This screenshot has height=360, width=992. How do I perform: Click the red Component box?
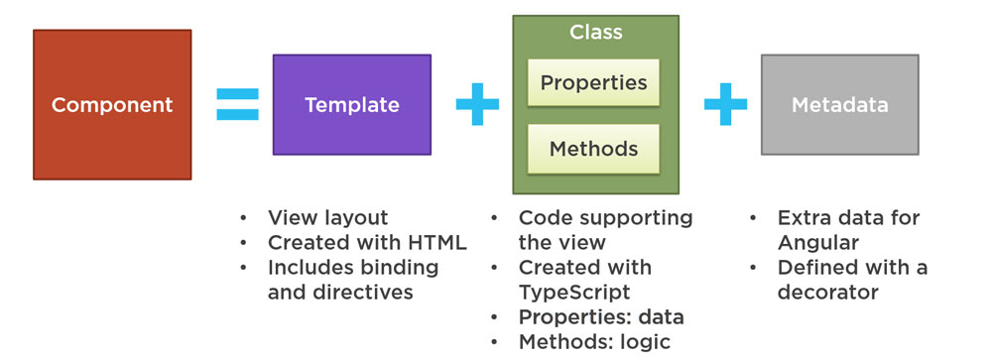pos(112,104)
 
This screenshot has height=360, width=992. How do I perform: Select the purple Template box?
pos(352,104)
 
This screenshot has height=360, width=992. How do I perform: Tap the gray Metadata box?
pos(839,104)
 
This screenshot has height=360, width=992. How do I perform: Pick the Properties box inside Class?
pos(593,83)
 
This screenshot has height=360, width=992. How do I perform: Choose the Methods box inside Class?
pos(593,149)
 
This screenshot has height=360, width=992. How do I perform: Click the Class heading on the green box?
pos(595,33)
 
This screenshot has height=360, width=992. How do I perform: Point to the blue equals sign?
pos(237,104)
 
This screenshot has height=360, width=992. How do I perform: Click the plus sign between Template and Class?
pos(478,104)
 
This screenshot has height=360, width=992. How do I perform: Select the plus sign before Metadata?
pos(726,104)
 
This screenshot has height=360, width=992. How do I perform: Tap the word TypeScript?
pos(574,293)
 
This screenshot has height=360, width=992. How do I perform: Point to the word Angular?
pos(818,243)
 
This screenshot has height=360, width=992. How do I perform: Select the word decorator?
pos(828,293)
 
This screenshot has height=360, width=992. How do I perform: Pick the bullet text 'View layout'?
pos(327,218)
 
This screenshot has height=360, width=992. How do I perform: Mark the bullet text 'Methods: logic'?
pos(594,342)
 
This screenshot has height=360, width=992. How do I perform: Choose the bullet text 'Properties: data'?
pos(601,317)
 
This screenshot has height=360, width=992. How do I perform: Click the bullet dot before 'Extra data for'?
pos(753,218)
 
